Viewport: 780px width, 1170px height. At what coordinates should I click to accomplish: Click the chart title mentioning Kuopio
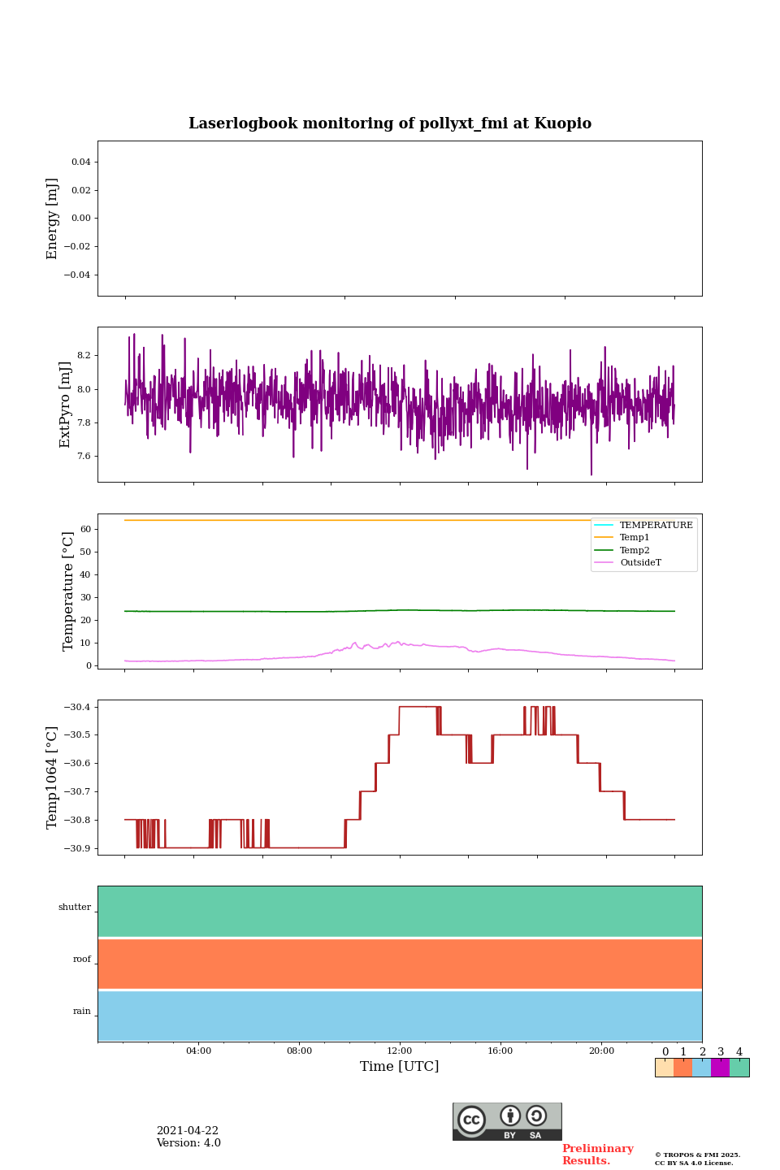click(390, 123)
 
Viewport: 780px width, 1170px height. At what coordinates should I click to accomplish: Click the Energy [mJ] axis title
click(53, 219)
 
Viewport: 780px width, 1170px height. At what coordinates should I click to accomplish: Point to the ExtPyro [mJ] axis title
click(65, 405)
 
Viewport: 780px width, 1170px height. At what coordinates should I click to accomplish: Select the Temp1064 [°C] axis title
click(53, 778)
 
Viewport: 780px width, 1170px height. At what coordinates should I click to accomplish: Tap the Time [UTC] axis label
click(399, 1067)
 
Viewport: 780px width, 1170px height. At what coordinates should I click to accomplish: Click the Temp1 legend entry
click(635, 538)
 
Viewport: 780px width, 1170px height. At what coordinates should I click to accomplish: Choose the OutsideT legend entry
click(640, 563)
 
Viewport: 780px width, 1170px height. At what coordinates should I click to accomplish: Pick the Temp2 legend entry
click(635, 551)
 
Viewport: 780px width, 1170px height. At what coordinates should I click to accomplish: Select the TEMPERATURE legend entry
click(656, 526)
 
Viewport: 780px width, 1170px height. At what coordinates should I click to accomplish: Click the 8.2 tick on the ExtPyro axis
click(84, 356)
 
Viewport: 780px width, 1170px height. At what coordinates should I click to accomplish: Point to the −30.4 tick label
click(77, 707)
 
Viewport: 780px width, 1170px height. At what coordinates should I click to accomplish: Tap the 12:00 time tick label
click(400, 1051)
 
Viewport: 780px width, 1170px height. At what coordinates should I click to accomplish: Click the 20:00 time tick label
click(601, 1051)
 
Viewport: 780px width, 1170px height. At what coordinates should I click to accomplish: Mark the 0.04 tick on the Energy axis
click(80, 162)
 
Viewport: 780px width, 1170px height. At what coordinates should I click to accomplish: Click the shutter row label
click(75, 908)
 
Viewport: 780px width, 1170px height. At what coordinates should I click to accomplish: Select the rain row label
click(82, 1012)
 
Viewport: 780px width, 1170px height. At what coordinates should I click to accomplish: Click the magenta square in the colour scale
click(720, 1068)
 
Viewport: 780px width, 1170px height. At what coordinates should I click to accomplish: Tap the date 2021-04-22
click(188, 1131)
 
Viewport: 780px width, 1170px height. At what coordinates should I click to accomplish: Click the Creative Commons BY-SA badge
click(507, 1121)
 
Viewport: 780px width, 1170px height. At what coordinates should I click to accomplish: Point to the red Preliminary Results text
click(597, 1155)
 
